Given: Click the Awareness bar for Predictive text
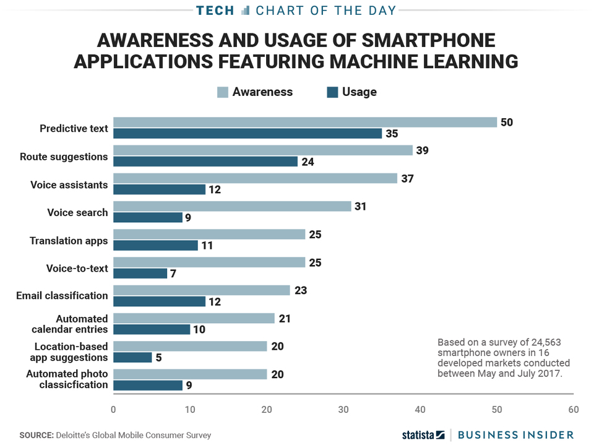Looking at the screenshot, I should [x=304, y=123].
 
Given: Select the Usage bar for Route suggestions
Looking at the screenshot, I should [x=205, y=162].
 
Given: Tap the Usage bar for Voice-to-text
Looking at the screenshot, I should [x=140, y=274].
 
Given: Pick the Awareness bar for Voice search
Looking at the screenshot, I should [x=232, y=207].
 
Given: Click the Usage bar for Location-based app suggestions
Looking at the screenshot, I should [x=132, y=357].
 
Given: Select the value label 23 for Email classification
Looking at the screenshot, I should [x=300, y=290].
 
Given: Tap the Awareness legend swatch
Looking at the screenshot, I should [x=222, y=92].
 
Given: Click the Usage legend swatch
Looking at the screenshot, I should [x=332, y=92].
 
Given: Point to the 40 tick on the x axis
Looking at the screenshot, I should [x=420, y=410].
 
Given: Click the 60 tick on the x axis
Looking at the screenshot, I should [x=573, y=410].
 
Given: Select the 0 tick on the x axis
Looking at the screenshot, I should [x=113, y=410].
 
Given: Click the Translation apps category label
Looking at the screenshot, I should [x=69, y=241].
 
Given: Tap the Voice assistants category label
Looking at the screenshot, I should [x=69, y=185].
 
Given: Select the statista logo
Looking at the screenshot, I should [x=423, y=435].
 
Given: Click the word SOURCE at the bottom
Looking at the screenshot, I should [x=35, y=435].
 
